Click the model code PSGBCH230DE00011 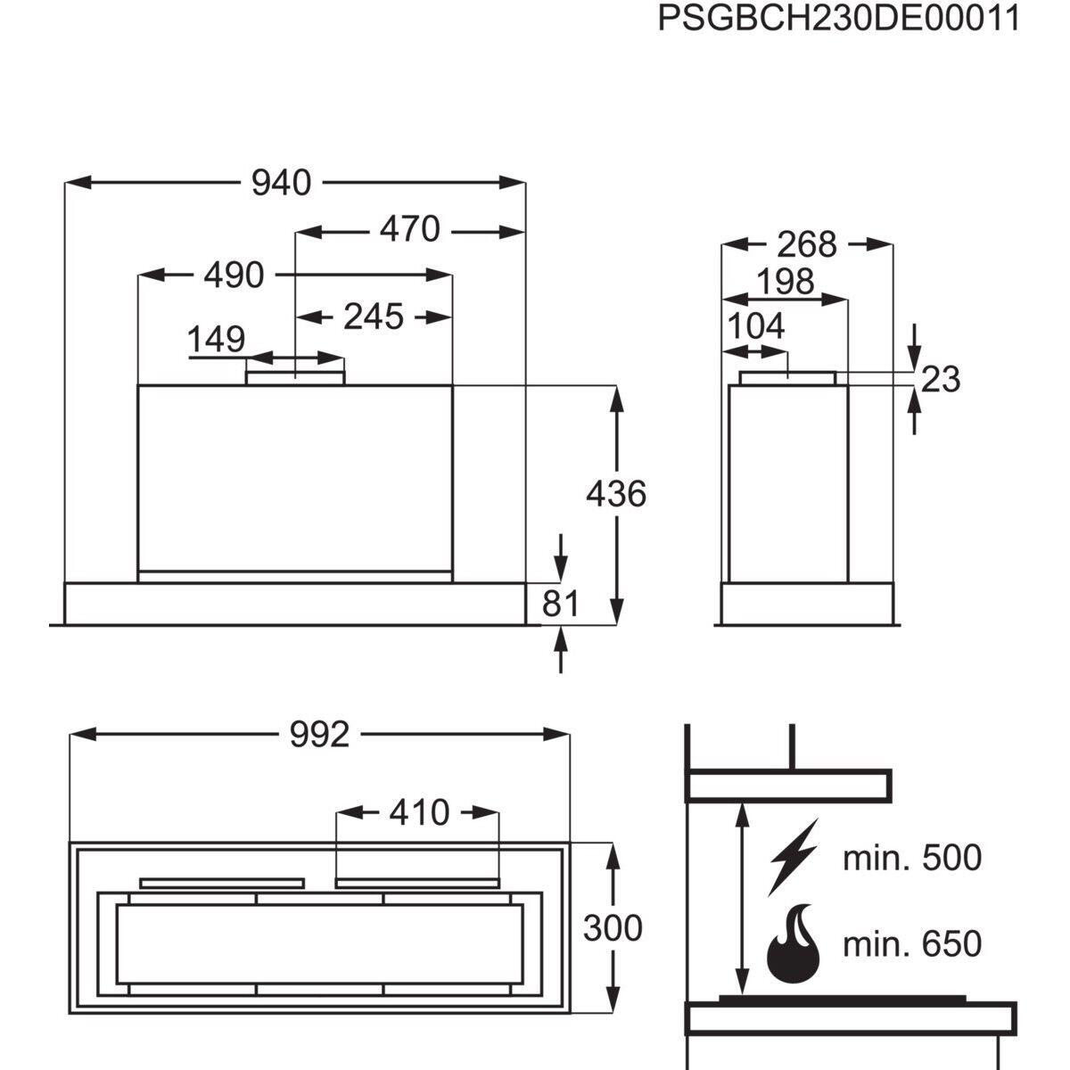point(838,19)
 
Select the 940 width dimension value point(281,183)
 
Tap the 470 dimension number point(410,229)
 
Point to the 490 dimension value point(234,275)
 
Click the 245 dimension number point(373,317)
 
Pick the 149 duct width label point(216,339)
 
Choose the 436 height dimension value point(616,493)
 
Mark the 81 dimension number point(560,604)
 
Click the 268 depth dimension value point(806,244)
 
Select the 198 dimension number point(786,282)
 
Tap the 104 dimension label point(756,326)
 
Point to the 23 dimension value point(941,380)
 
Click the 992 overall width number point(320,735)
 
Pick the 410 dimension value point(419,813)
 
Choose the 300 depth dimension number point(613,928)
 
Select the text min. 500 point(912,858)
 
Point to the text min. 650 point(912,943)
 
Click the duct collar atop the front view point(295,377)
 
